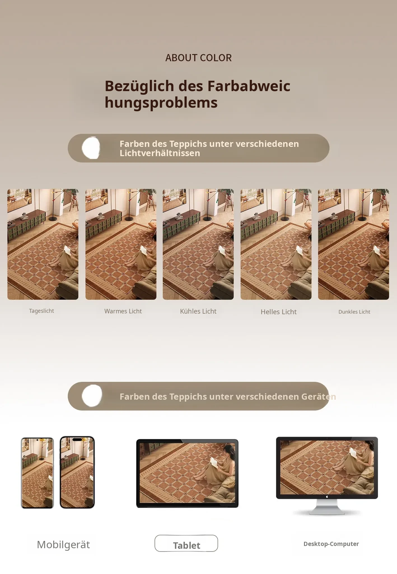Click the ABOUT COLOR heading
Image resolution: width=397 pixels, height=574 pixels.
(x=198, y=58)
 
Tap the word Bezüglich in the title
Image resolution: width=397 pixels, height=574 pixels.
(x=139, y=86)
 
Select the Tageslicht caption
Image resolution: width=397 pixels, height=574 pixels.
(x=41, y=311)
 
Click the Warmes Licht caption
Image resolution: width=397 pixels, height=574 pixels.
(x=123, y=311)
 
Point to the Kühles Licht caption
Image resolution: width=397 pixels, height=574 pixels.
(x=198, y=311)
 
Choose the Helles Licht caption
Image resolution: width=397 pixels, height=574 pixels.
(x=279, y=312)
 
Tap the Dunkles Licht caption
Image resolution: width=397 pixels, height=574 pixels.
(x=354, y=312)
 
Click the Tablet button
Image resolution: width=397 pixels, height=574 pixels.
(x=186, y=543)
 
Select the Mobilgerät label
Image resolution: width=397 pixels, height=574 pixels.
(x=63, y=545)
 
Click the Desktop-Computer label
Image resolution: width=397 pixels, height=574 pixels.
(x=331, y=544)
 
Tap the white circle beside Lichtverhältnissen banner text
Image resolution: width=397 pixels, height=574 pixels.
(x=91, y=148)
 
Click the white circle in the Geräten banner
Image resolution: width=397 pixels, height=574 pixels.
(x=92, y=395)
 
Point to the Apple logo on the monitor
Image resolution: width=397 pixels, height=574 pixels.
(x=327, y=496)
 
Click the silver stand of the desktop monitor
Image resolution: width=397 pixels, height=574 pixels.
(x=327, y=507)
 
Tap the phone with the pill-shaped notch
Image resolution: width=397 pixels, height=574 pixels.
(x=77, y=472)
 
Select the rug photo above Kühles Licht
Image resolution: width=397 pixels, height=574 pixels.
(x=198, y=244)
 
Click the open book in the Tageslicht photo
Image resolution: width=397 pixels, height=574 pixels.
(x=67, y=249)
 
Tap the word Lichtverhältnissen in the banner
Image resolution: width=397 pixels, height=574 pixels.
(x=160, y=153)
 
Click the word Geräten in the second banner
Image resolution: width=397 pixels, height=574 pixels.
(x=319, y=397)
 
